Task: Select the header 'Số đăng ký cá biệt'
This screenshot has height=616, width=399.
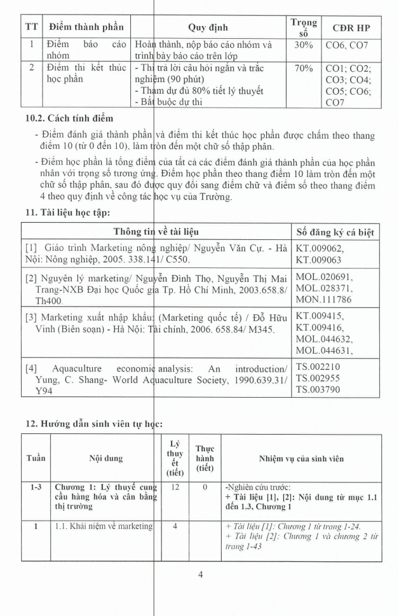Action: pyautogui.click(x=335, y=232)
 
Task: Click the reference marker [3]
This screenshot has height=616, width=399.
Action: pyautogui.click(x=32, y=317)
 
